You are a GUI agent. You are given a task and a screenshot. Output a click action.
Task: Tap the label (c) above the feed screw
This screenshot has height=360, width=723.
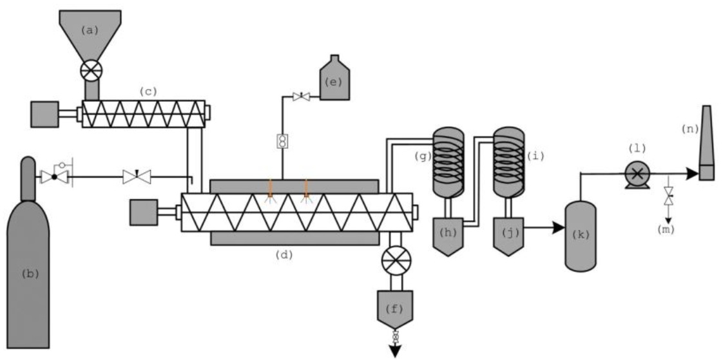(x=148, y=92)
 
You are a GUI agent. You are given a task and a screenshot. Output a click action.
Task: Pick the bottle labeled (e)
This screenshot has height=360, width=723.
(x=334, y=81)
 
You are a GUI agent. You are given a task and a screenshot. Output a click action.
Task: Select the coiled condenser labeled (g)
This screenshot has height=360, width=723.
(x=448, y=161)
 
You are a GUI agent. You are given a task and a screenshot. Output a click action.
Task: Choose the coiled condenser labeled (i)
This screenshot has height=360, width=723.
(x=509, y=161)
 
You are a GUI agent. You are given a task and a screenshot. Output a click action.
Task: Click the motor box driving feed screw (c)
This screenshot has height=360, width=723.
(x=44, y=114)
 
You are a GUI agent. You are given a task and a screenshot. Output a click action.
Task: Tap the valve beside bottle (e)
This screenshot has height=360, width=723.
(x=300, y=97)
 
